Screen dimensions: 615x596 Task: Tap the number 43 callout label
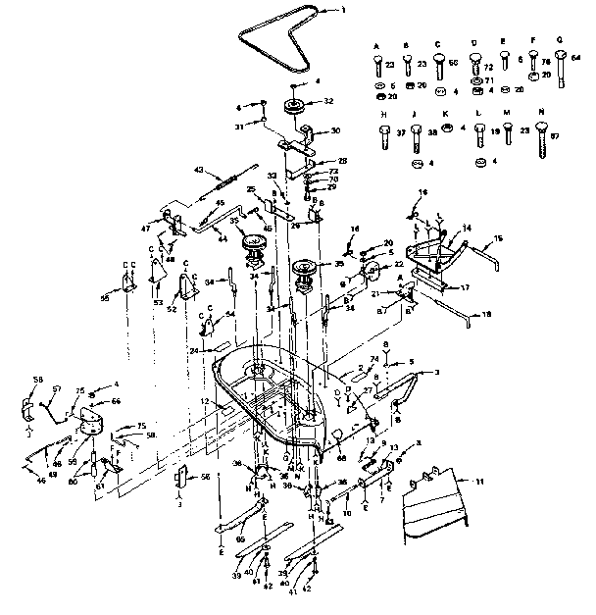pos(199,171)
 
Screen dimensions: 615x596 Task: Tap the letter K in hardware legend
pos(446,114)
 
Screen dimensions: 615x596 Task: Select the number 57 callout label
pos(56,389)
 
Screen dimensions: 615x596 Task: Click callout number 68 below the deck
pos(341,458)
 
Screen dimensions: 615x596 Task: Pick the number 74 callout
pos(373,360)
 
